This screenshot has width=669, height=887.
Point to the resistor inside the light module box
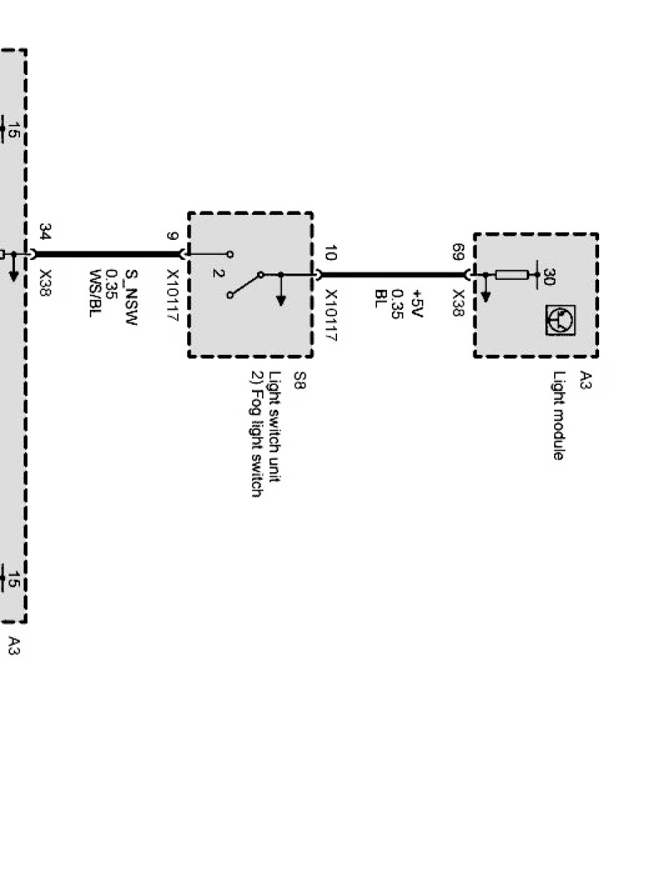point(512,274)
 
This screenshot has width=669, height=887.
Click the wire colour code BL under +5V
point(380,297)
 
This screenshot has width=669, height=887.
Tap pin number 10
point(331,252)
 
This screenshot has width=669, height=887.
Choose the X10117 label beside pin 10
point(331,315)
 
